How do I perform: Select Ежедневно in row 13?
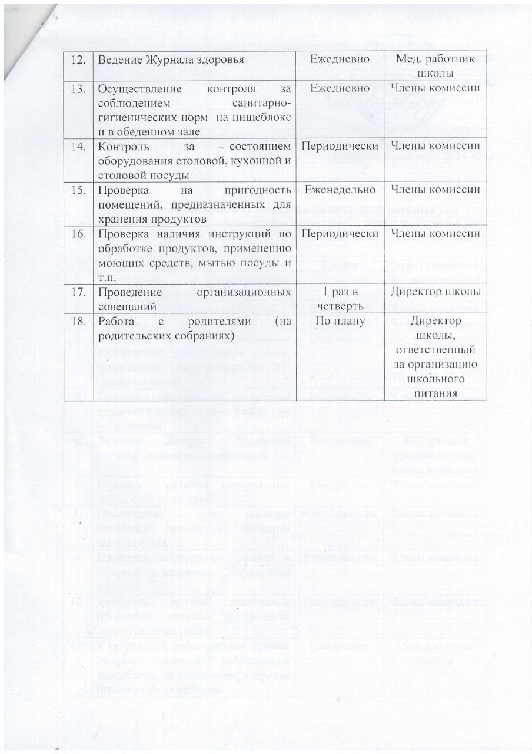tap(341, 88)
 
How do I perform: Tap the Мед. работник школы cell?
tap(435, 66)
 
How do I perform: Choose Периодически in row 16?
tap(341, 233)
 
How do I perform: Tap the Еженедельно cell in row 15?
tap(341, 190)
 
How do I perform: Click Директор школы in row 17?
tap(435, 292)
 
